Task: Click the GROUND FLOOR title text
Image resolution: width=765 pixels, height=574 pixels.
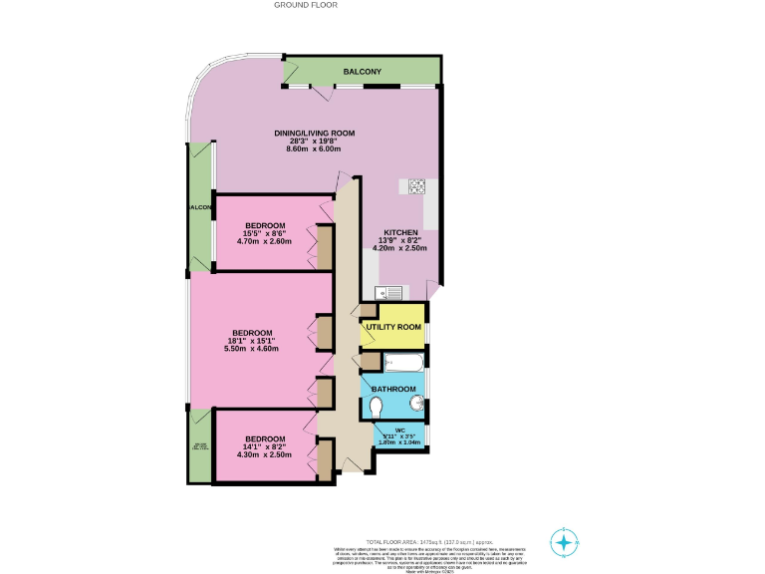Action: [x=306, y=5]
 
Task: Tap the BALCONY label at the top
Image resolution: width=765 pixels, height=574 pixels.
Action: [x=363, y=73]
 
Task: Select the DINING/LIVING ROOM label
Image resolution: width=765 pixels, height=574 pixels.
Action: [x=314, y=133]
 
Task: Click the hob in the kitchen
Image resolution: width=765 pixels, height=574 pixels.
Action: [x=415, y=185]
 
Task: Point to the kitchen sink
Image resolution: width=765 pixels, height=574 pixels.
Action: [x=387, y=292]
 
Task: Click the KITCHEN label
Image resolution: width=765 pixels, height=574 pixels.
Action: [x=399, y=232]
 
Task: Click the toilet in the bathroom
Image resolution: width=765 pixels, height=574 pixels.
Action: [x=376, y=407]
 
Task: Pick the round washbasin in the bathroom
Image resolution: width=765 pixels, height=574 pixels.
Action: [x=417, y=403]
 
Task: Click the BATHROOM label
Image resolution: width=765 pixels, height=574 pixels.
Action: [x=393, y=389]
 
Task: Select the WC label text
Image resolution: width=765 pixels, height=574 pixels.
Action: [x=399, y=429]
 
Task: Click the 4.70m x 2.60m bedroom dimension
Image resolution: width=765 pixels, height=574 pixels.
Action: [x=266, y=240]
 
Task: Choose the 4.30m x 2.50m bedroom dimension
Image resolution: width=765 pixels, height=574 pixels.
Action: [x=265, y=454]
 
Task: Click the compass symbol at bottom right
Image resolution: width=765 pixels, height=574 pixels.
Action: [x=564, y=543]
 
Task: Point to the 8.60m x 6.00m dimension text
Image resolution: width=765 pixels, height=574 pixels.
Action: [x=314, y=148]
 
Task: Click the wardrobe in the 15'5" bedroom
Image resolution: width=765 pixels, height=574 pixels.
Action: [x=324, y=247]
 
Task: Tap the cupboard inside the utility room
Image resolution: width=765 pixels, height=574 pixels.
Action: [x=369, y=311]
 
